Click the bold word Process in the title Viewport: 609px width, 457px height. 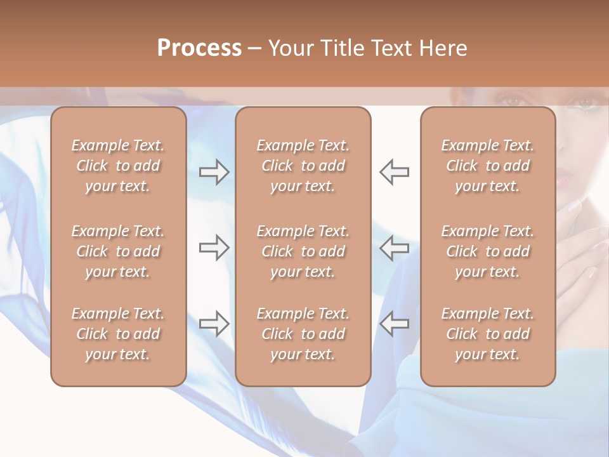(x=199, y=48)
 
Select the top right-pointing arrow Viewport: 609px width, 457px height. (x=214, y=172)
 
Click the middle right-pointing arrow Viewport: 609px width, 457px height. (x=214, y=248)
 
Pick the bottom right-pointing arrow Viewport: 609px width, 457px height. (x=214, y=324)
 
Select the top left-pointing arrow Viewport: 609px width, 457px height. (x=395, y=172)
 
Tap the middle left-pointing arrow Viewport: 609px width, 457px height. (x=395, y=248)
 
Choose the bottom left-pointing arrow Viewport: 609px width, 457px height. (x=395, y=324)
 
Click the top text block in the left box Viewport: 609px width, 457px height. (x=118, y=166)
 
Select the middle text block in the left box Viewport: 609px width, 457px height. (x=118, y=251)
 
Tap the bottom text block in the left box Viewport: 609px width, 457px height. (x=118, y=334)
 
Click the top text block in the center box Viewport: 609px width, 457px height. (x=303, y=166)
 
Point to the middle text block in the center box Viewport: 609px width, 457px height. (x=303, y=251)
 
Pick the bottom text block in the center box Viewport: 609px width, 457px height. (x=303, y=334)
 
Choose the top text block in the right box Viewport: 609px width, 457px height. (x=487, y=166)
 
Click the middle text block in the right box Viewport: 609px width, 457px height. (x=487, y=251)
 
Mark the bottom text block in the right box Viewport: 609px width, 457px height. (x=487, y=334)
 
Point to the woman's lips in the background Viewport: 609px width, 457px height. (x=563, y=178)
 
